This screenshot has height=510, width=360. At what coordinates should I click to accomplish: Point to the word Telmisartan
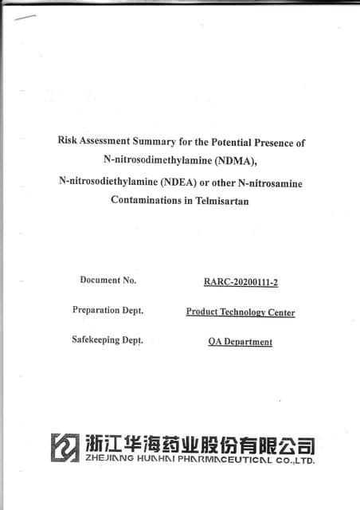(x=223, y=201)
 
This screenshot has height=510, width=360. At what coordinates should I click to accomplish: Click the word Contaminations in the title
(x=147, y=201)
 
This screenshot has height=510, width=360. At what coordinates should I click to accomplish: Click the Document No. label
(x=108, y=280)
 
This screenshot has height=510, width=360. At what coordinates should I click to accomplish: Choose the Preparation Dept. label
(x=108, y=310)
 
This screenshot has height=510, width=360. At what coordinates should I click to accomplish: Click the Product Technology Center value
(x=240, y=312)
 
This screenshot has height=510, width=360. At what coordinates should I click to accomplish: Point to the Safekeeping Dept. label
(x=108, y=340)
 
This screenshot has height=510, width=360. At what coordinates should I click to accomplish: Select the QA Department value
(x=240, y=342)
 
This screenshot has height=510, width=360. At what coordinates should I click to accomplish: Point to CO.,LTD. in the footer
(x=295, y=461)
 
